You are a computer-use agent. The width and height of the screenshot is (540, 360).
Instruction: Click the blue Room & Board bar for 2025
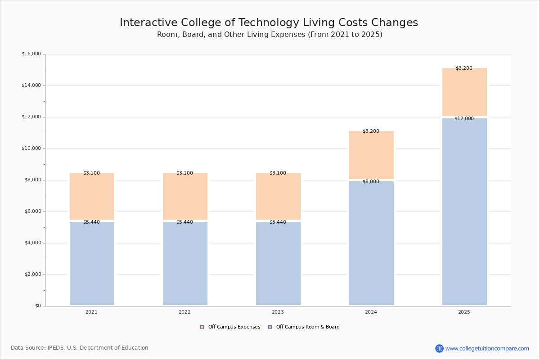click(x=464, y=211)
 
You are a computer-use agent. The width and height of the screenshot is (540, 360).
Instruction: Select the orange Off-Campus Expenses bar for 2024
click(x=371, y=155)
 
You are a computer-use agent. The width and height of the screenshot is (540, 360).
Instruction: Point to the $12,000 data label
click(x=464, y=119)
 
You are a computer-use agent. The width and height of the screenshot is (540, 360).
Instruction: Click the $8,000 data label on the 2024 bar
click(x=371, y=182)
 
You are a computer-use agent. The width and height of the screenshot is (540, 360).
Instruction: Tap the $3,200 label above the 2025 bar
click(x=464, y=68)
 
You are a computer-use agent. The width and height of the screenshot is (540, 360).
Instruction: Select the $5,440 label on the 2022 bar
click(x=184, y=222)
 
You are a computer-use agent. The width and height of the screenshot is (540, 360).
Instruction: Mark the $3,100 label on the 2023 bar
click(x=278, y=173)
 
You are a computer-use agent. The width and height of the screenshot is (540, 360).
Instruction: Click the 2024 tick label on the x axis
click(x=371, y=312)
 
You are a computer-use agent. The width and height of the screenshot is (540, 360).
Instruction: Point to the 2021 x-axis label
click(x=91, y=312)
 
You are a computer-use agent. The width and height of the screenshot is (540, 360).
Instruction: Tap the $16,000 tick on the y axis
click(x=31, y=54)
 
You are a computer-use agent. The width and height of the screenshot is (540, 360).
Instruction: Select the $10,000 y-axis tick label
click(x=31, y=148)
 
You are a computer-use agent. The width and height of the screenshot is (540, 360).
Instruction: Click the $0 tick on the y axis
click(x=38, y=306)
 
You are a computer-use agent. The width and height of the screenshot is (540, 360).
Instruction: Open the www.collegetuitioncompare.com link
click(x=487, y=348)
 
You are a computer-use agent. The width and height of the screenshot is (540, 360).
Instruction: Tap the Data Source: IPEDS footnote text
click(x=80, y=348)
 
